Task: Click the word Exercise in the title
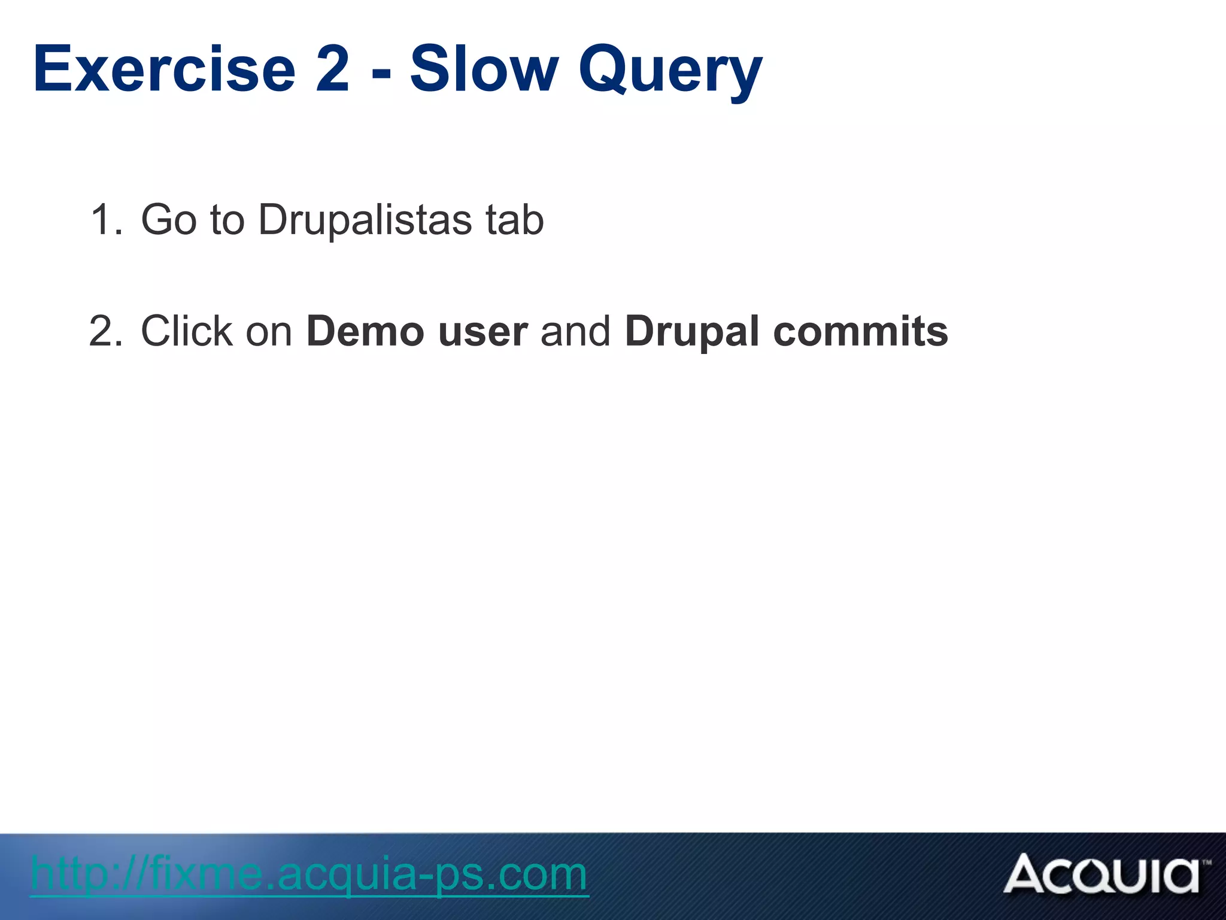pyautogui.click(x=165, y=70)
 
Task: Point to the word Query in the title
pyautogui.click(x=670, y=72)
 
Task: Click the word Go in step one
pyautogui.click(x=168, y=220)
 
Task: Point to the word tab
pyautogui.click(x=515, y=220)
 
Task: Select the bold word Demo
pyautogui.click(x=365, y=331)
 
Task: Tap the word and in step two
pyautogui.click(x=575, y=331)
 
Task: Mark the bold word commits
pyautogui.click(x=861, y=331)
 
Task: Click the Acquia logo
pyautogui.click(x=1101, y=874)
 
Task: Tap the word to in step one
pyautogui.click(x=227, y=220)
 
